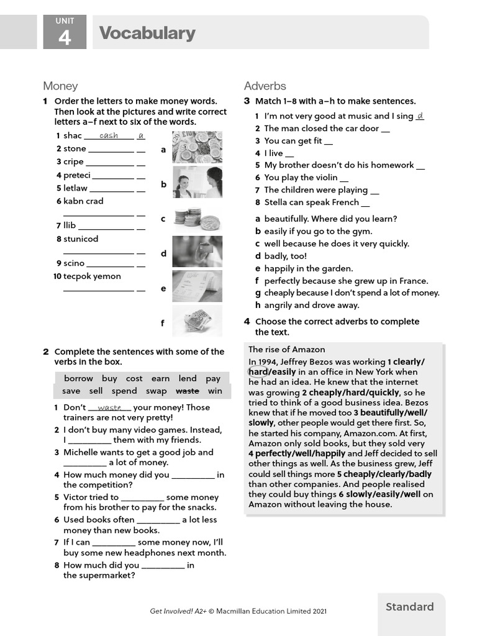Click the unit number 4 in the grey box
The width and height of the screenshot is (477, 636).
pyautogui.click(x=65, y=38)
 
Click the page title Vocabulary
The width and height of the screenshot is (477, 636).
pyautogui.click(x=147, y=33)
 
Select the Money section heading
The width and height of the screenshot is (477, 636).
pyautogui.click(x=60, y=86)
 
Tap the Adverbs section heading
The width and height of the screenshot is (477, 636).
pyautogui.click(x=265, y=86)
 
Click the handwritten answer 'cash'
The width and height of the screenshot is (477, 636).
pyautogui.click(x=109, y=135)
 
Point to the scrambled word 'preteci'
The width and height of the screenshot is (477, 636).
pyautogui.click(x=77, y=175)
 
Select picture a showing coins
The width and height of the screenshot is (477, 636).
pyautogui.click(x=197, y=147)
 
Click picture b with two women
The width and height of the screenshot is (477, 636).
pyautogui.click(x=197, y=182)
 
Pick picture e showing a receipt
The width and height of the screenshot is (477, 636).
pyautogui.click(x=197, y=286)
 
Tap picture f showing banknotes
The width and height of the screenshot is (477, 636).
pyautogui.click(x=197, y=321)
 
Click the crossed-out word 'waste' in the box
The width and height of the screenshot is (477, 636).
pyautogui.click(x=188, y=391)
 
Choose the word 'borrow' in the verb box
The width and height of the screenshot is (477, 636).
pyautogui.click(x=78, y=378)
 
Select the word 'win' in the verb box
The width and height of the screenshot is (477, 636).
pyautogui.click(x=215, y=391)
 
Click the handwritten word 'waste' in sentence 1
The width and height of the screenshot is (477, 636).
pyautogui.click(x=109, y=407)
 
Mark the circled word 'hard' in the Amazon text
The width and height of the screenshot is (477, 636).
pyautogui.click(x=258, y=372)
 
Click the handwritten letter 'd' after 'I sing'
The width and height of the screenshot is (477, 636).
pyautogui.click(x=420, y=116)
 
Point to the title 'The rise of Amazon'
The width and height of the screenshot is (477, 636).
pyautogui.click(x=286, y=349)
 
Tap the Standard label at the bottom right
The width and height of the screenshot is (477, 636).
pyautogui.click(x=409, y=607)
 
